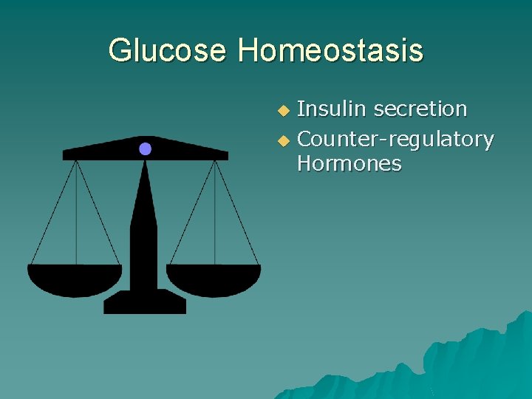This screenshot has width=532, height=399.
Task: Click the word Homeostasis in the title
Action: tap(330, 51)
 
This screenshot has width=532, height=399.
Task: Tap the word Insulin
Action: tap(332, 109)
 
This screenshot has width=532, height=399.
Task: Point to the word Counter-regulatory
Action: tap(395, 139)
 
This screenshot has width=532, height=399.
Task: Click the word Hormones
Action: tap(349, 163)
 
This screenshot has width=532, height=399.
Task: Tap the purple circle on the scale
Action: tap(145, 149)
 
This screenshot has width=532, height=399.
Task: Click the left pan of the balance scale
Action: tap(75, 279)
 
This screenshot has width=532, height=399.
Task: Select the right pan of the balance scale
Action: tap(214, 279)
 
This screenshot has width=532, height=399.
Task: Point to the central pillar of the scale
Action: tap(144, 222)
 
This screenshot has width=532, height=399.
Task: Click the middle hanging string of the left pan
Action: tap(76, 214)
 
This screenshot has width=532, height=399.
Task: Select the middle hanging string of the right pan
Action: tap(215, 214)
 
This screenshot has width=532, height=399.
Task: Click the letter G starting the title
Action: tap(118, 51)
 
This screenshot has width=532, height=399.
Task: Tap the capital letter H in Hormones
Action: tap(304, 163)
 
